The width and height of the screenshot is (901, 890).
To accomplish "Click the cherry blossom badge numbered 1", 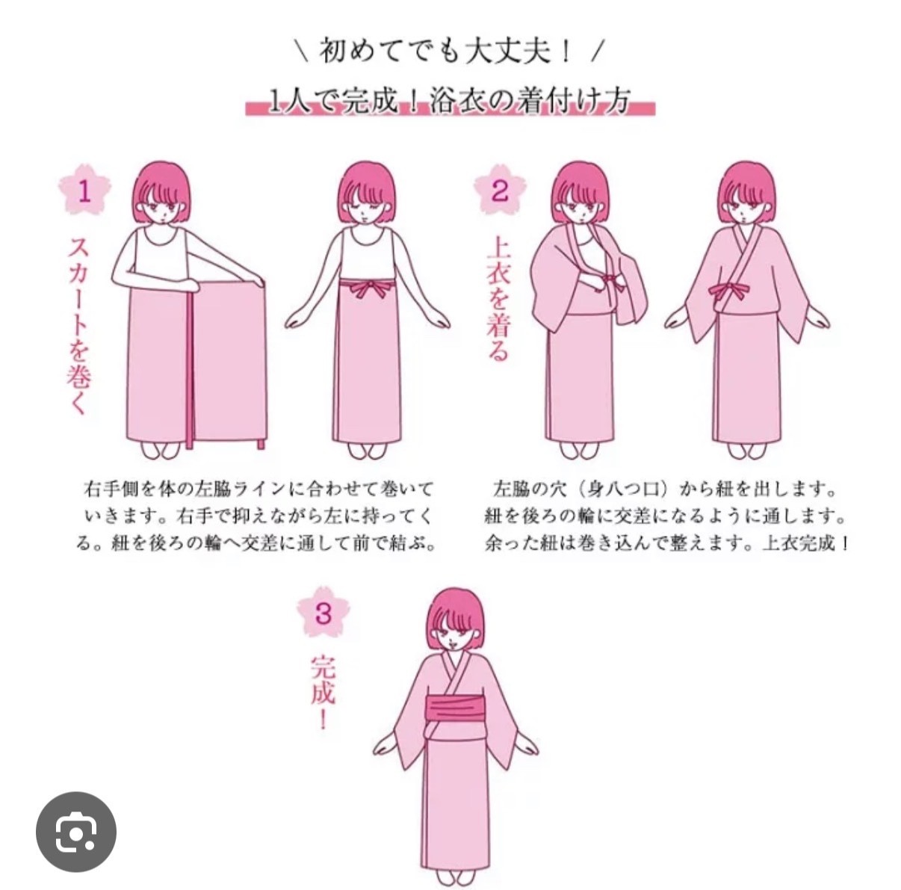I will click(84, 192).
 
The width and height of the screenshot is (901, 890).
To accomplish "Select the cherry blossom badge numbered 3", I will click(323, 614).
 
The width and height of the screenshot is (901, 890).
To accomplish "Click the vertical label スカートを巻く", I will click(80, 324).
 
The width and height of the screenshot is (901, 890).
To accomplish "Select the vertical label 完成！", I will click(323, 692).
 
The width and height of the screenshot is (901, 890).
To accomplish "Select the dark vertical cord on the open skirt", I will click(190, 366).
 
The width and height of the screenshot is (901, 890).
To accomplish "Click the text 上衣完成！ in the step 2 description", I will click(805, 543).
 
